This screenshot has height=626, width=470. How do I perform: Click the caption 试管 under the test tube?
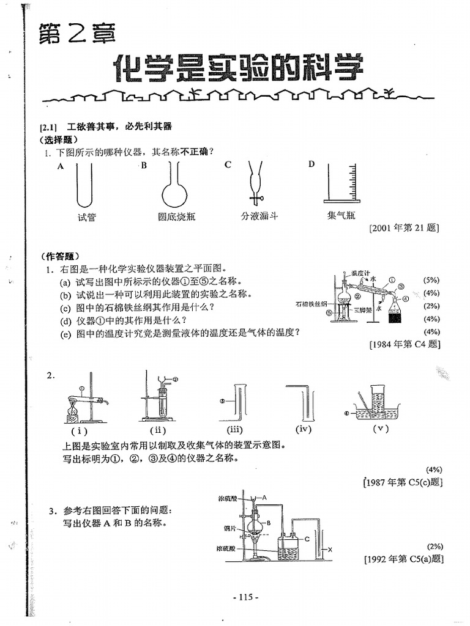coord(87,217)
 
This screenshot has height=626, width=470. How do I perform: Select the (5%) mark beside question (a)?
coord(431,279)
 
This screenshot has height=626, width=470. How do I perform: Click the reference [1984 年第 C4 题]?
coord(405,344)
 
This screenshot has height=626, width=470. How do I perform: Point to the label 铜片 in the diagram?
coord(231,527)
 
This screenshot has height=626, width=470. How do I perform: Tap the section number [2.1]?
coord(48,127)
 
